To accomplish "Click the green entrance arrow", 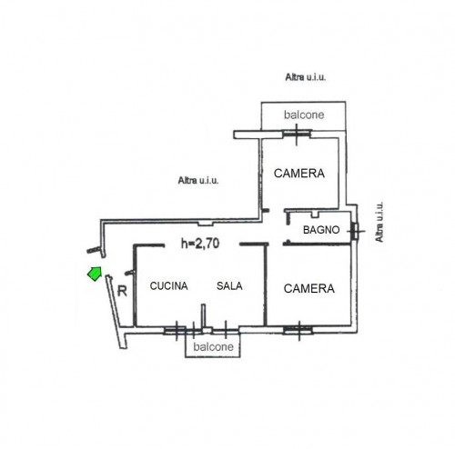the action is [95, 274].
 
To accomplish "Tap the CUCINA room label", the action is [169, 286].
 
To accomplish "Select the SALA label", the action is [229, 286].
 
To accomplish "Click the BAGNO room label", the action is [321, 230].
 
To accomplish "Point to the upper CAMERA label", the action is [299, 174].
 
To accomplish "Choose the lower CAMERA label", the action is [309, 288].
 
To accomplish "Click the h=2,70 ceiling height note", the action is [200, 244].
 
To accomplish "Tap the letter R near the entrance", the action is [122, 292].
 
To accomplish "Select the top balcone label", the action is [304, 115].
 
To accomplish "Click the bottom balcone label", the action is [213, 347].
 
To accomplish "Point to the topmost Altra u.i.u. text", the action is [306, 77].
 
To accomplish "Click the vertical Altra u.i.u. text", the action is [379, 222].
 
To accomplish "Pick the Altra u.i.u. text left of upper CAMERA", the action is [198, 181].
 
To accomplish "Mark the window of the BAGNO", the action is [354, 231].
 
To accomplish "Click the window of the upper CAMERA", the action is [297, 134].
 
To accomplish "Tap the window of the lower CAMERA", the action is [298, 330].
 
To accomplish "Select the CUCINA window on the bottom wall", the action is [176, 331].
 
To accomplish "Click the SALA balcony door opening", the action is [226, 331].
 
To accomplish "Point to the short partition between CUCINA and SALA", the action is [203, 316].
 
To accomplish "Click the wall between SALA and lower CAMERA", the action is [265, 284].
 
